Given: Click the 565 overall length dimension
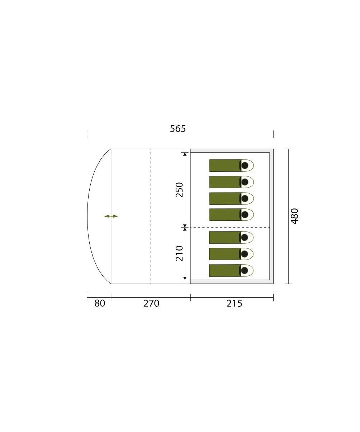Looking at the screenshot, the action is coord(178,129).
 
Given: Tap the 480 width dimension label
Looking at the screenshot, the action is coord(294,216).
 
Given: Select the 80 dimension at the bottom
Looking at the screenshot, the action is coord(100,303).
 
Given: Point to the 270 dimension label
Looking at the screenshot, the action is coord(151,303).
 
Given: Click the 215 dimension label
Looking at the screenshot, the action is coord(234,303).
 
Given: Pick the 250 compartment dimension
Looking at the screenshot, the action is coord(179,190).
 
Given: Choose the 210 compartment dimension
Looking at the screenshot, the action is coord(179,253).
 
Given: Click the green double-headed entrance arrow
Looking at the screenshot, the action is coord(111,216).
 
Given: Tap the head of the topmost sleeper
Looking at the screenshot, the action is coord(245,165).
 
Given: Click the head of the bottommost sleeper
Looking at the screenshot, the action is coord(244,270).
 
